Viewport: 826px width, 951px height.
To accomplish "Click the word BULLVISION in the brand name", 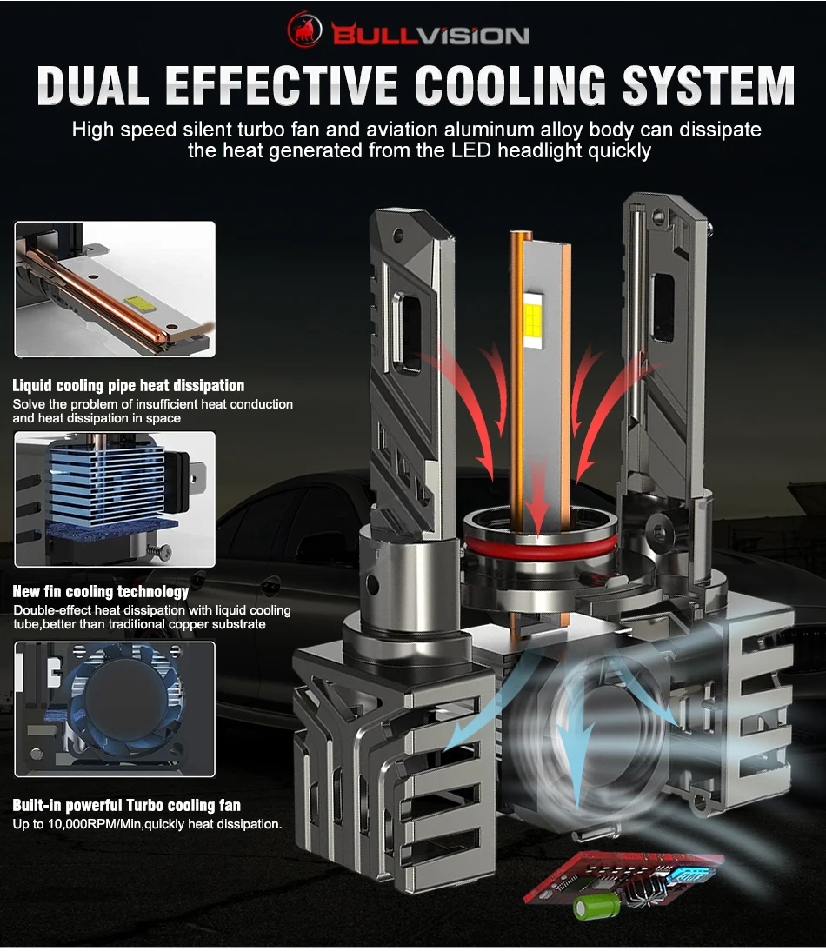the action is pos(430,35).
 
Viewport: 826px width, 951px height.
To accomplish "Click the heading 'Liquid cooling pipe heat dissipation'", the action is pos(129,385).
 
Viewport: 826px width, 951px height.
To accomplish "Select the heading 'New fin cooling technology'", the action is pos(101,591).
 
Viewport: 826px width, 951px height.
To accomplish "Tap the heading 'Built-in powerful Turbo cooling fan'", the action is pos(127,805).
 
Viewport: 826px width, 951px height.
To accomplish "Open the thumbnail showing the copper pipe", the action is pos(114,289).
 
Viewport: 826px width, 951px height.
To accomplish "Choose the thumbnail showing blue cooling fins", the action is pos(114,500).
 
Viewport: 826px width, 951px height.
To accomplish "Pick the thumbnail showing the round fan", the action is pos(114,709).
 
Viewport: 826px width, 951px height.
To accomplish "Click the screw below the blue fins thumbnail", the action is pos(160,549).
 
